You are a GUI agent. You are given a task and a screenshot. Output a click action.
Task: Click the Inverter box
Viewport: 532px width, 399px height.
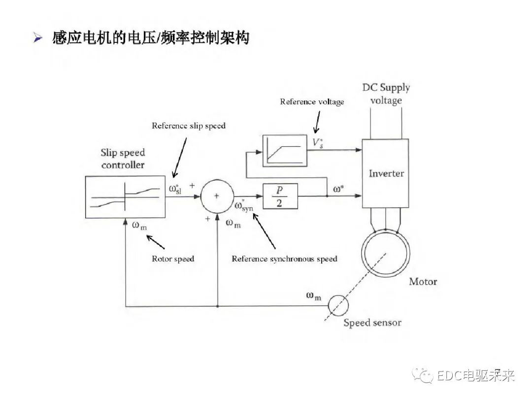click(385, 173)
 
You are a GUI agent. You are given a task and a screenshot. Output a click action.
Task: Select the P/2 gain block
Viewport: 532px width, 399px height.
click(279, 196)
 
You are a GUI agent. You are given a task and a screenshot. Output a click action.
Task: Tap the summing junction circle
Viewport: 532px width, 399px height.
click(217, 196)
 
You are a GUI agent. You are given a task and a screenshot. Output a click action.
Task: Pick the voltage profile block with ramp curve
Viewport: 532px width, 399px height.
click(284, 150)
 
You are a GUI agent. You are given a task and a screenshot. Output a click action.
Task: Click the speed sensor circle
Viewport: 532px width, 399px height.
click(338, 305)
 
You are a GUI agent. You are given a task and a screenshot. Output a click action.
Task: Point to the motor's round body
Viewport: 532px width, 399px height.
click(385, 251)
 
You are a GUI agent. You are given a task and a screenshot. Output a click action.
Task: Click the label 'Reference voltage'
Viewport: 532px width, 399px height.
click(312, 102)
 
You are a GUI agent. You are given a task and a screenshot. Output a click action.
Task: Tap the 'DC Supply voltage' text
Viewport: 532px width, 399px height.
click(386, 94)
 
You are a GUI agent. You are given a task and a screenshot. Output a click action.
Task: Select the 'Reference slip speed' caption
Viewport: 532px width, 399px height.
click(188, 126)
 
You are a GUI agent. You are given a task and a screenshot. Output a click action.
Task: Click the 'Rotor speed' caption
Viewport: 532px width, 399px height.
click(173, 259)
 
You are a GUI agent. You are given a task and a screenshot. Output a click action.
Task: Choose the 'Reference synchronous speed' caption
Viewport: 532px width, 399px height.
click(284, 259)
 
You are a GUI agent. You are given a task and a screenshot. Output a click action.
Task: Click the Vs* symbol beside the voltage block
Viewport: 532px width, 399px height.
click(318, 143)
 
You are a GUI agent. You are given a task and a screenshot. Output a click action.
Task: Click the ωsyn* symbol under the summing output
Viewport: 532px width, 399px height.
click(243, 206)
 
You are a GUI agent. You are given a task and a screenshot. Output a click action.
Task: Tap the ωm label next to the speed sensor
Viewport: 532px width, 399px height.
click(313, 296)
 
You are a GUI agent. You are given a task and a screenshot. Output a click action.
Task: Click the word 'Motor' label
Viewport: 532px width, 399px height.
click(423, 282)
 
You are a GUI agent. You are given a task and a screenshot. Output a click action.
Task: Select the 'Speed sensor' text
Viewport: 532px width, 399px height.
click(372, 323)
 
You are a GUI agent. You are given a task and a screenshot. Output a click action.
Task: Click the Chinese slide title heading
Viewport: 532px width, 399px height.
click(150, 37)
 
